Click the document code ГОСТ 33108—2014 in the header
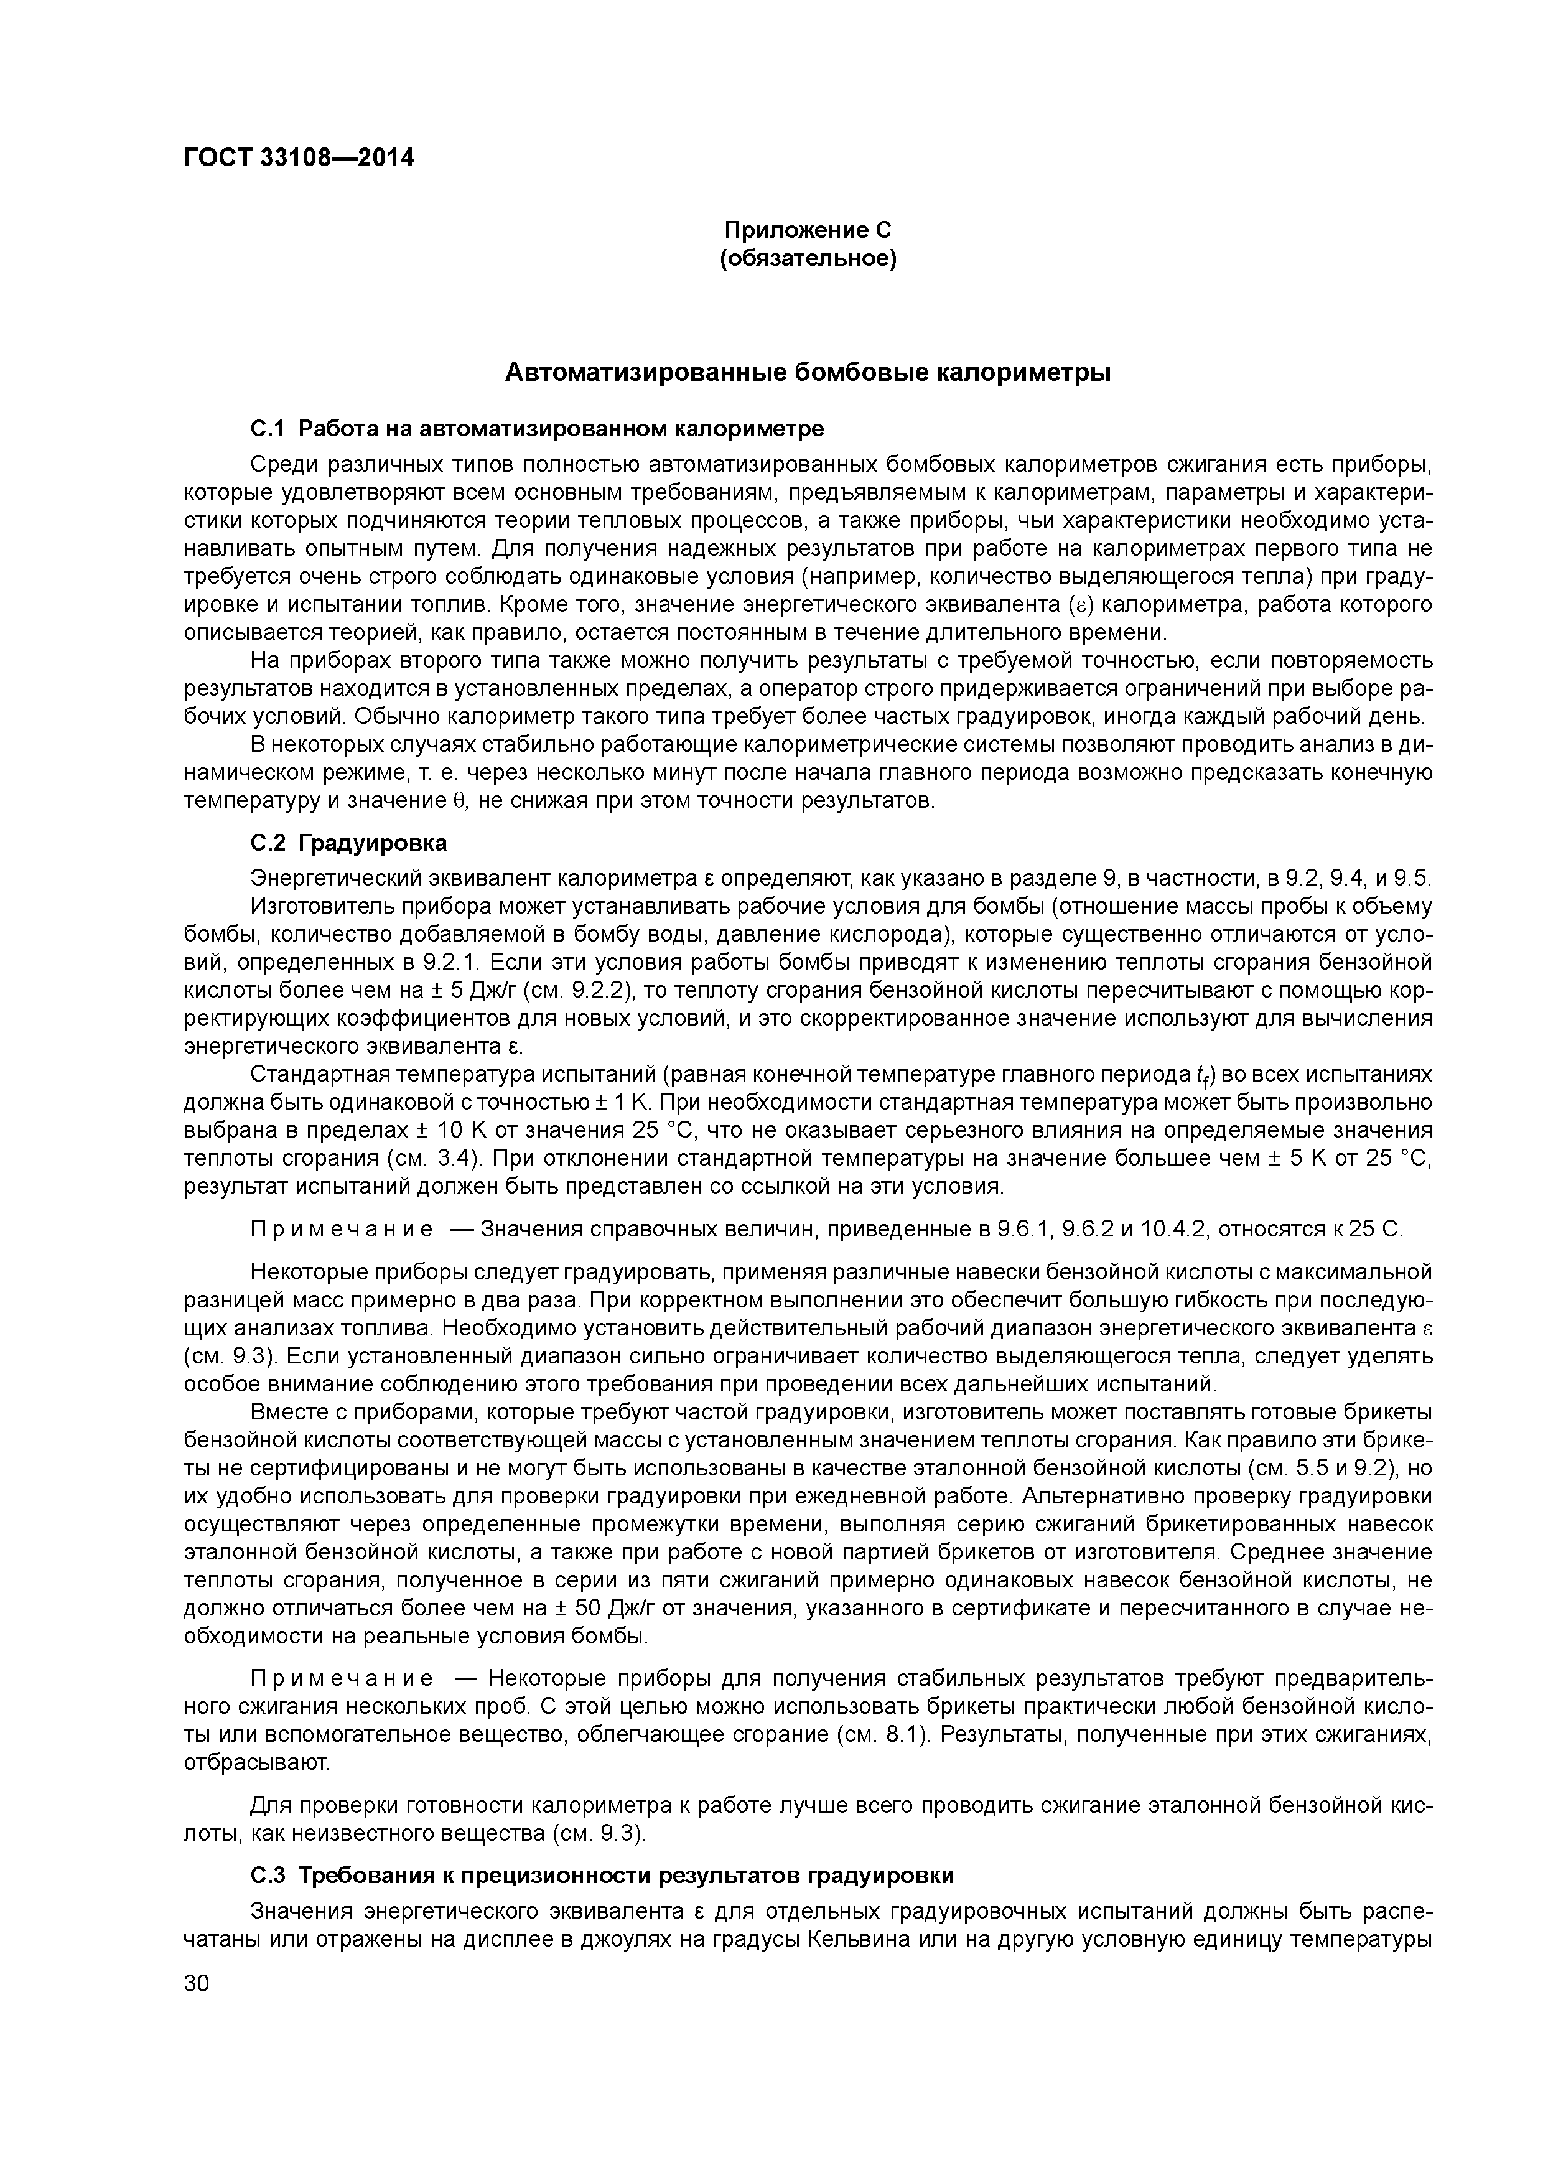(x=299, y=159)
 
